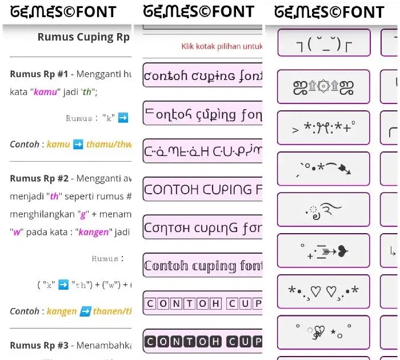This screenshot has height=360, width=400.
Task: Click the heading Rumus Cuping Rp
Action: [x=83, y=37]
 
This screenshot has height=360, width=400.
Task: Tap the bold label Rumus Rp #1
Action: [x=39, y=74]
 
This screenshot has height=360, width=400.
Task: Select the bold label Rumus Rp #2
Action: [x=39, y=178]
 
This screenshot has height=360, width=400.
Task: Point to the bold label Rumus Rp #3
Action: [x=39, y=345]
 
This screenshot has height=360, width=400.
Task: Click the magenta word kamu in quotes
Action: [x=45, y=92]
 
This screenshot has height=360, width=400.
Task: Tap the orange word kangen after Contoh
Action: [x=61, y=311]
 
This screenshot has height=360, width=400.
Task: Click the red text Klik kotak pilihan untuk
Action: [x=221, y=46]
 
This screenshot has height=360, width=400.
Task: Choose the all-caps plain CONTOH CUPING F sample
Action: [x=203, y=189]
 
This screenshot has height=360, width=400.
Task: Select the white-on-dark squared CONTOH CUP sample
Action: [x=203, y=342]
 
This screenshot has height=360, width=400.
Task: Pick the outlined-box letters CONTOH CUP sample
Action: [x=203, y=303]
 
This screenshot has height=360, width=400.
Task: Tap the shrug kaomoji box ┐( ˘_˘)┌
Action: [x=323, y=43]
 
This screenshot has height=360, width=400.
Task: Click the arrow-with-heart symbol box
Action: [x=323, y=250]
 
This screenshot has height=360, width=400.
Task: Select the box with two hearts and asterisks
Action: [x=323, y=291]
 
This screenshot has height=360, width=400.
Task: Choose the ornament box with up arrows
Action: [x=323, y=87]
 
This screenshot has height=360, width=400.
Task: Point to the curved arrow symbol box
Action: [x=323, y=169]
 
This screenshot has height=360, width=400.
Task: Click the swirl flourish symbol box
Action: [x=323, y=210]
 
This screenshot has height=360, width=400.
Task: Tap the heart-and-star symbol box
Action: [x=323, y=332]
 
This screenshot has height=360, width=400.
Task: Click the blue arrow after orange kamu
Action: [x=78, y=145]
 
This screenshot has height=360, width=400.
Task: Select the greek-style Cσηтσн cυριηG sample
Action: [x=203, y=227]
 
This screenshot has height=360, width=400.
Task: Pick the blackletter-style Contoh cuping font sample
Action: [x=203, y=266]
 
